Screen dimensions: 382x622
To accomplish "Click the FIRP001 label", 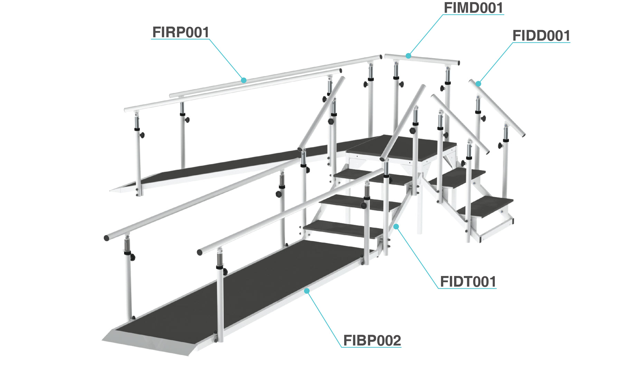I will (x=181, y=32).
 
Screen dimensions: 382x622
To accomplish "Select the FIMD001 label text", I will (x=473, y=8).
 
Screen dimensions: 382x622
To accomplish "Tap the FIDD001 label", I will (x=541, y=36).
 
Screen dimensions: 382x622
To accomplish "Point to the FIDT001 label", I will (x=468, y=282).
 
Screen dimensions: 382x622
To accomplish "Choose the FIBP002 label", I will (x=372, y=341).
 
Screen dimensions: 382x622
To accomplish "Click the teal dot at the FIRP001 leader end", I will (x=244, y=80).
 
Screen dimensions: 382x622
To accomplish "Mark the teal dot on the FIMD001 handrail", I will (x=408, y=56).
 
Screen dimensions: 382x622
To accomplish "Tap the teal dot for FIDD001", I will (x=478, y=84).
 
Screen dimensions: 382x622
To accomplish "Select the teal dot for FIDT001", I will (x=396, y=227).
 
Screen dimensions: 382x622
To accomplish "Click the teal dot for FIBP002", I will (x=307, y=291).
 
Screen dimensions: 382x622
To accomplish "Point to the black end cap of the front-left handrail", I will (x=106, y=238).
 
